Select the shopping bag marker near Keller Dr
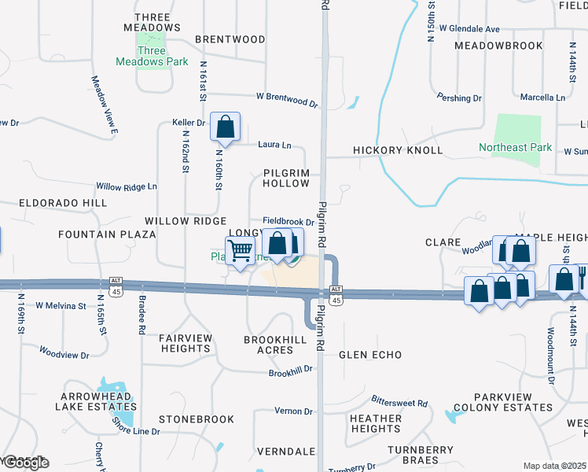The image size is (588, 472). (226, 127)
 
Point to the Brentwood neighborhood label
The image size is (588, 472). (230, 39)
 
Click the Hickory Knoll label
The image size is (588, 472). (398, 150)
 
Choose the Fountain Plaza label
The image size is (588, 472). (97, 234)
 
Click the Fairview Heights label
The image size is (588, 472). (186, 343)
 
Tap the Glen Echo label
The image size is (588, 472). (370, 355)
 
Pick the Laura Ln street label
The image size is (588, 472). (275, 146)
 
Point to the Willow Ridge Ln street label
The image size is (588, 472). (127, 187)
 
